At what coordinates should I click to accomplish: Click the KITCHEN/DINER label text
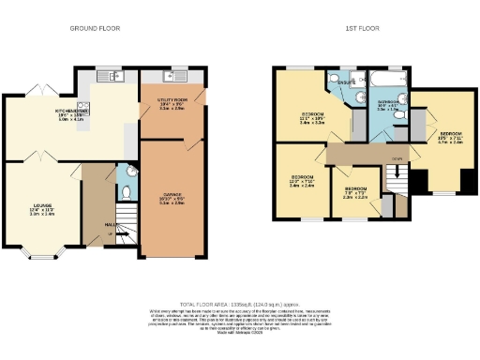[70, 112]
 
